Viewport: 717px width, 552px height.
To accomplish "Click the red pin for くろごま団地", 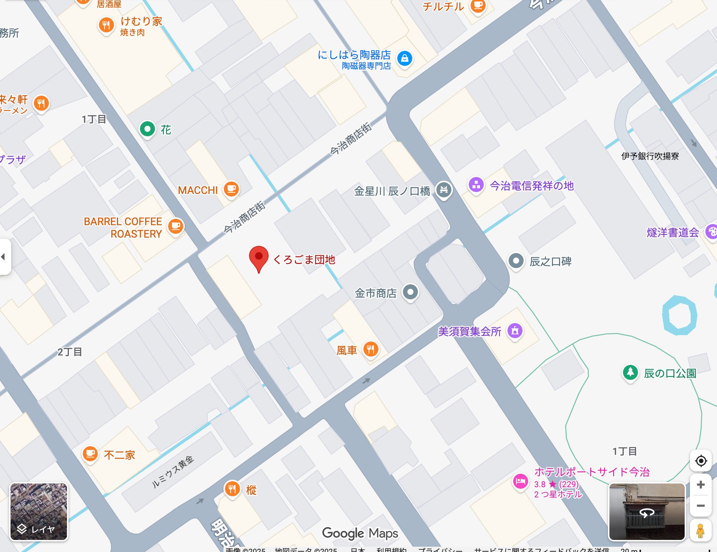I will click(259, 257).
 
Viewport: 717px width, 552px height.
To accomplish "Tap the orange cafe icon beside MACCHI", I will click(231, 189).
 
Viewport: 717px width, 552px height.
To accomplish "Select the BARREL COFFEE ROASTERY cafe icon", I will click(175, 226).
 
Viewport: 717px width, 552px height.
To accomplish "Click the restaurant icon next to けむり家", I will click(106, 25).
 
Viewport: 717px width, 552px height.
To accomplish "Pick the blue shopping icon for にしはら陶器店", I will click(405, 58).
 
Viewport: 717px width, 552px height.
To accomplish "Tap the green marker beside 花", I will click(147, 129).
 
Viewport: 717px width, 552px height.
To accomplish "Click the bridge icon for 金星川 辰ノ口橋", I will click(444, 190).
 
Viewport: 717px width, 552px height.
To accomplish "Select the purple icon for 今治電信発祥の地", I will click(476, 185).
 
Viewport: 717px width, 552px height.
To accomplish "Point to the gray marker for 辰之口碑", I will click(516, 261).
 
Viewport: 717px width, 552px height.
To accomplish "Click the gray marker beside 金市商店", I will click(410, 292).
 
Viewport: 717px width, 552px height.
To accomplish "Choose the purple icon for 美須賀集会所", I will click(515, 331).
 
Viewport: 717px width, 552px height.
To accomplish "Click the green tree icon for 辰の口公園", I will click(630, 373).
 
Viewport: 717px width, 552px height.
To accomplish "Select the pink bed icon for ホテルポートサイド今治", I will click(521, 481).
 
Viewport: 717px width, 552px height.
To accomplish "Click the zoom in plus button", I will click(700, 485).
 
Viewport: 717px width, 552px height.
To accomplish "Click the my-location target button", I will click(701, 461).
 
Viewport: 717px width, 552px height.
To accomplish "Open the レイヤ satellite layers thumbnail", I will click(38, 512).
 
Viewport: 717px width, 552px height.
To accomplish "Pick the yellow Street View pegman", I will click(700, 531).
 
